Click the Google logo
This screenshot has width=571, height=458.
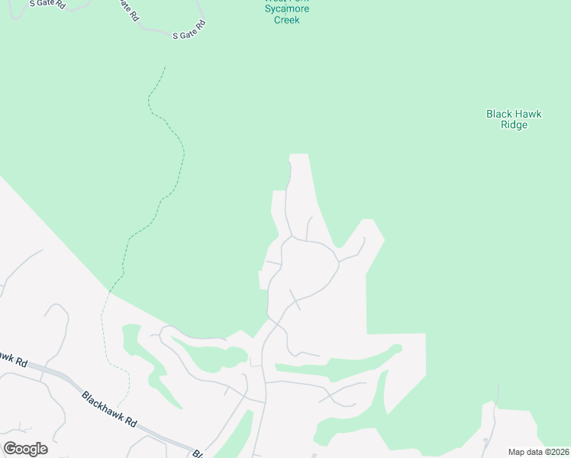(25, 449)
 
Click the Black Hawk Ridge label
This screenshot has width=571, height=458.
(514, 119)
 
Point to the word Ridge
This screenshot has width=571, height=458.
(514, 125)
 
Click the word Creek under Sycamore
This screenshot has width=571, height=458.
(286, 20)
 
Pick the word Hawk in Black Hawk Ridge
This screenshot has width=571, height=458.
(527, 114)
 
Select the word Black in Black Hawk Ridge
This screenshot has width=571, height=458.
(499, 114)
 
